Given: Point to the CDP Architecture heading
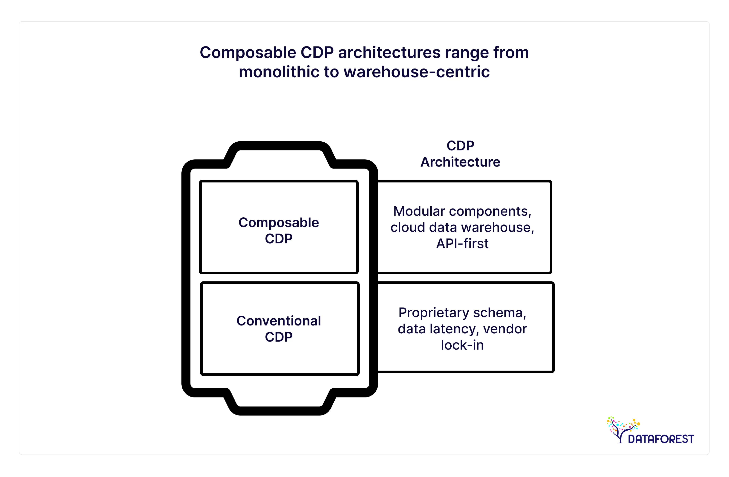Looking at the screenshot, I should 460,154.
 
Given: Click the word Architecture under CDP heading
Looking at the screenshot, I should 460,162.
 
